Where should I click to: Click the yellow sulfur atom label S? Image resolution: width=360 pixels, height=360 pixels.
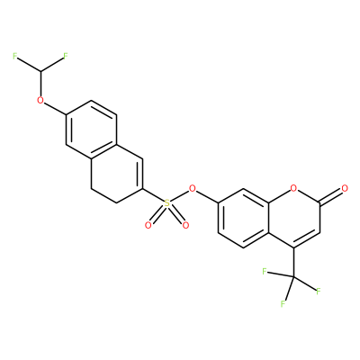166,203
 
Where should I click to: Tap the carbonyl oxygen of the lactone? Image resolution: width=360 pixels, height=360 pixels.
345,189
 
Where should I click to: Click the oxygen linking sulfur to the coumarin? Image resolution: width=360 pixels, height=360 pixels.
193,189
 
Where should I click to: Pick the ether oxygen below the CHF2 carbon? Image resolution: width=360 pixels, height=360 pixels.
40,100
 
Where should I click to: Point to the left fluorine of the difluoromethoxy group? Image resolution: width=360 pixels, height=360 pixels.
14,56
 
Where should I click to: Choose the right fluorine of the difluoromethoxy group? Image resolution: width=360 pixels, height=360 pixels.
66,56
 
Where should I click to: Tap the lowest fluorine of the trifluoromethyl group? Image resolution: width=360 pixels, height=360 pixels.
283,304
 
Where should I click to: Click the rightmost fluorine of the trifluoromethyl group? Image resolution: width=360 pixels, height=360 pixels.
319,291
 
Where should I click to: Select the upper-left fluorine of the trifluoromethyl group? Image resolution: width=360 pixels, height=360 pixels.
265,272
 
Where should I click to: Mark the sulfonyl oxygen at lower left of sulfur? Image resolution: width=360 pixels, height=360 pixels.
148,225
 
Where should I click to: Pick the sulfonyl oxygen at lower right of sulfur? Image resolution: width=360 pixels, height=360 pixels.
185,225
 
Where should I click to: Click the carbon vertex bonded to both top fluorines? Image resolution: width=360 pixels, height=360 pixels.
40,71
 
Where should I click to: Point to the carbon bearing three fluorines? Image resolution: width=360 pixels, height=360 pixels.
293,276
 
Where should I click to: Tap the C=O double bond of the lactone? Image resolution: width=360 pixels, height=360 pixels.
331,196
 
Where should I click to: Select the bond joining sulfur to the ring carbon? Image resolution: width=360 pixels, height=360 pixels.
153,196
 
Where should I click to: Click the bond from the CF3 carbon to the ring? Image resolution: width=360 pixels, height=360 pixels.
293,262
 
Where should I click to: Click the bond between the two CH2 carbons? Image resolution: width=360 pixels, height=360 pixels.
103,196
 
